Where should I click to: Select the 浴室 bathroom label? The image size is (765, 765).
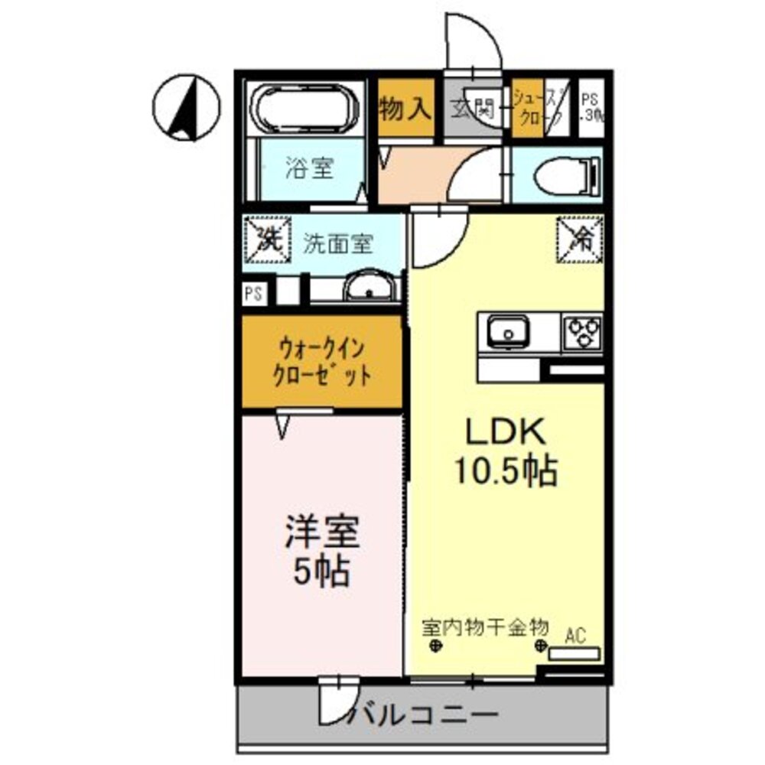click(309, 168)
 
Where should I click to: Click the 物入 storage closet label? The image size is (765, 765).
click(405, 109)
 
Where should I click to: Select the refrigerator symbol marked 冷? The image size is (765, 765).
click(580, 238)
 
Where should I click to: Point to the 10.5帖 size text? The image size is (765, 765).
click(506, 472)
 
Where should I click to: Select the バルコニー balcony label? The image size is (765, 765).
click(428, 717)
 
